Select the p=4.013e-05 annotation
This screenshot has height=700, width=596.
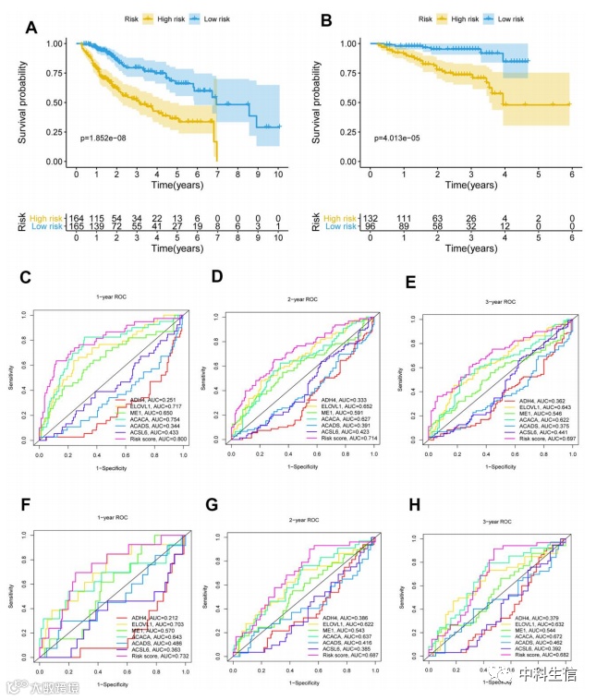pos(405,138)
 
